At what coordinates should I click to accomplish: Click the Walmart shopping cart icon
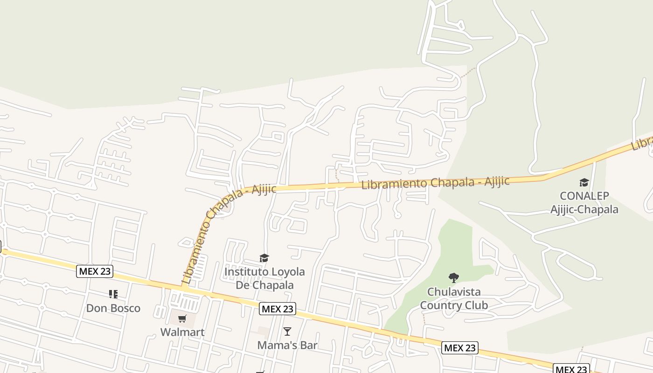[182, 319]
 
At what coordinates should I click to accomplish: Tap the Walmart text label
[182, 332]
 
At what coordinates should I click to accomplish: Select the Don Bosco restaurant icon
[113, 294]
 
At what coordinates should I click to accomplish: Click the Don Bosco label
[113, 308]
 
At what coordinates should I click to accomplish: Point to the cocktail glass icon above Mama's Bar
[287, 332]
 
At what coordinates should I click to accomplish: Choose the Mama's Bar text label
[287, 345]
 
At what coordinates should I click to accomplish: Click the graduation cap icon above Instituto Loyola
[264, 258]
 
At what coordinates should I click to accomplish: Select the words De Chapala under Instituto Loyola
[264, 285]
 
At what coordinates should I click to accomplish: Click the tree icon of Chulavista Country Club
[453, 278]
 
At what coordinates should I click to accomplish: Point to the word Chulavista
[454, 292]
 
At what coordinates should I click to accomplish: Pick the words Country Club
[454, 305]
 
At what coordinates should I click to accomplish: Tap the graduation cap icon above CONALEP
[584, 182]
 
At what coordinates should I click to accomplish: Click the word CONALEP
[584, 196]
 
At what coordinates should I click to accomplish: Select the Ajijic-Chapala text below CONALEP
[584, 209]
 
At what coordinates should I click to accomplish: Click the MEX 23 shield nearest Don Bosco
[95, 271]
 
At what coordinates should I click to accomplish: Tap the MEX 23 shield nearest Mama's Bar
[278, 309]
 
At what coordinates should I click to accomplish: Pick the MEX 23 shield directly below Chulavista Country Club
[460, 348]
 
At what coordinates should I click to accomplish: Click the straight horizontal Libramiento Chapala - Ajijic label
[436, 182]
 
